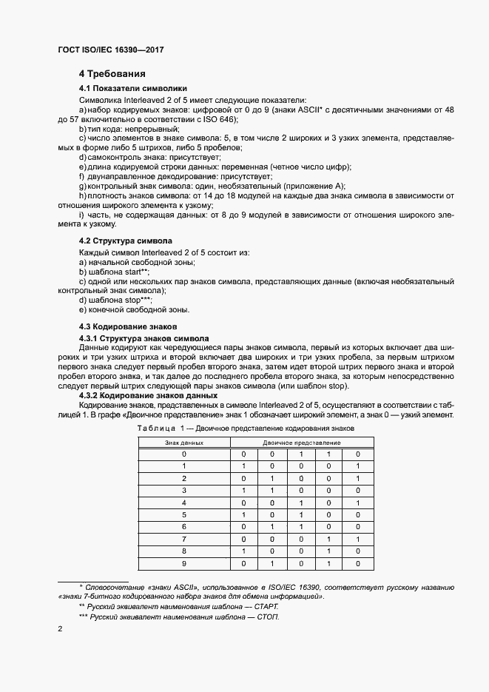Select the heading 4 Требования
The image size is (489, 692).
pos(112,74)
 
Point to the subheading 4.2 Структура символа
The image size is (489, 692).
pos(126,241)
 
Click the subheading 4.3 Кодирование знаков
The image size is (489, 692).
pos(127,327)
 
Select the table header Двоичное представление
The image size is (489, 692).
pos(300,443)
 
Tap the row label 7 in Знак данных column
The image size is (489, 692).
pos(183,540)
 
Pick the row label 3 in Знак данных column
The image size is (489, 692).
pos(183,490)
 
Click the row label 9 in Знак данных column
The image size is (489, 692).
pos(183,564)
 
